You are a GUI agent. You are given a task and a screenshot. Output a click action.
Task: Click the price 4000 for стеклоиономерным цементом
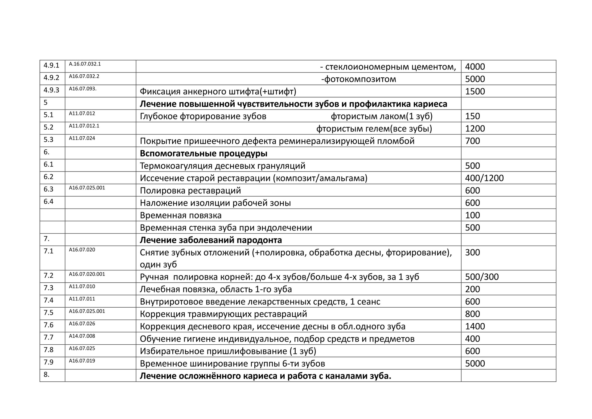[475, 67]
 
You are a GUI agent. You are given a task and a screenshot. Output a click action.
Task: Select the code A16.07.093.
[83, 89]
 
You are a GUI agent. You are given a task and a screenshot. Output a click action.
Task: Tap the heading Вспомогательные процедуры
[203, 153]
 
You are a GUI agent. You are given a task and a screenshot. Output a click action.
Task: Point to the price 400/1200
[484, 178]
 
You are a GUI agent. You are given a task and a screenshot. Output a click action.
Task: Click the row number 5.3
[48, 140]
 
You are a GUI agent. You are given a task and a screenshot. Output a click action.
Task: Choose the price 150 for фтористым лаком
[472, 116]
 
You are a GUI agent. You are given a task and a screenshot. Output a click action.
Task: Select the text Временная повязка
[181, 215]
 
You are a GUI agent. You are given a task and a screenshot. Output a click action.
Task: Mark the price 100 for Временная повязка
[472, 215]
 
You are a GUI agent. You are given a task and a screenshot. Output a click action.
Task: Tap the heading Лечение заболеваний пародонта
[211, 240]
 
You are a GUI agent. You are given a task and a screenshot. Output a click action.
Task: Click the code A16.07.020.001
[87, 274]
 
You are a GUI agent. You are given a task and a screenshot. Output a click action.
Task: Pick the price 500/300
[482, 277]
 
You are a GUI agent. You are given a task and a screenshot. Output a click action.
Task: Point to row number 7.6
[48, 325]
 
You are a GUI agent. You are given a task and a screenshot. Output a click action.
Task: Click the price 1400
[475, 326]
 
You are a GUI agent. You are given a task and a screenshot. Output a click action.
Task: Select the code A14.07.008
[82, 336]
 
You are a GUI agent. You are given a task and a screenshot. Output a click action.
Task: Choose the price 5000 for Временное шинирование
[475, 363]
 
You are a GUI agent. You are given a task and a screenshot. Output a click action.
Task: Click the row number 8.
[47, 375]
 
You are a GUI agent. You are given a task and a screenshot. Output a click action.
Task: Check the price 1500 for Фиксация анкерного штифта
[475, 91]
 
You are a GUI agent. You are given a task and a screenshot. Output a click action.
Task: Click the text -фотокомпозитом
[359, 79]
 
